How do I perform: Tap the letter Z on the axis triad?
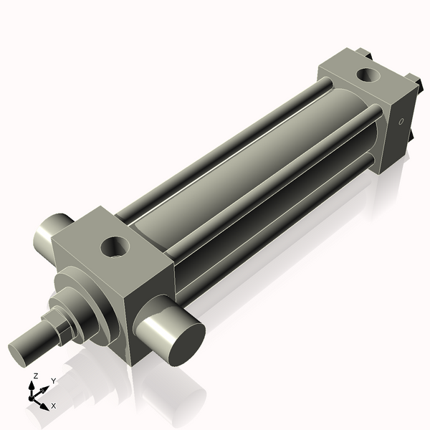(x=36, y=376)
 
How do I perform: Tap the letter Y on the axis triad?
(x=53, y=381)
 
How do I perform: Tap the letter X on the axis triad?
(x=53, y=406)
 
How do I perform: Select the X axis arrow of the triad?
(x=42, y=401)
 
